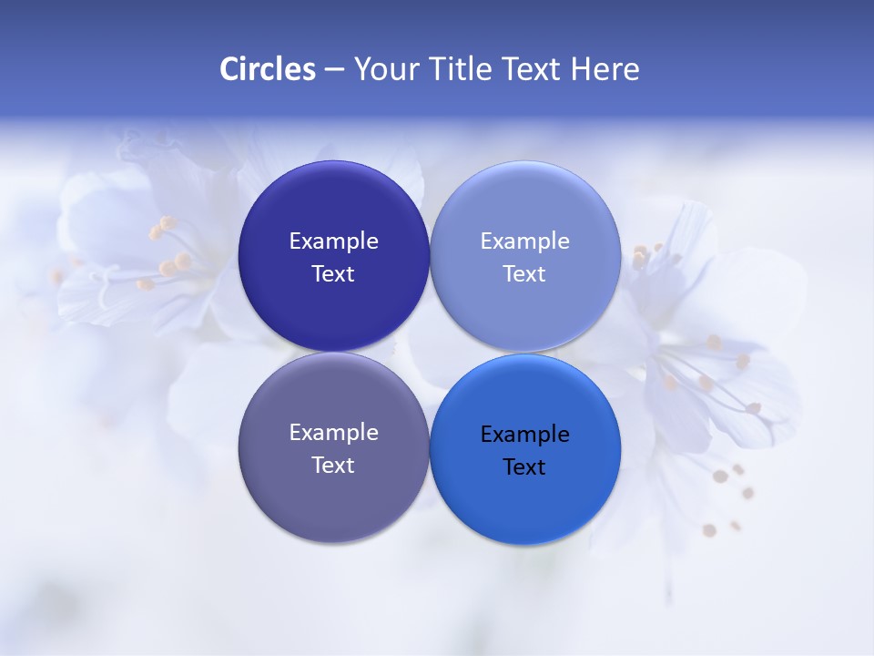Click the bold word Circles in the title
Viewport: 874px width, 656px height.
click(x=268, y=69)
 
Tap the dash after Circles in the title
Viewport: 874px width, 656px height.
click(x=334, y=69)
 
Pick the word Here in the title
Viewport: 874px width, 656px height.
click(x=605, y=69)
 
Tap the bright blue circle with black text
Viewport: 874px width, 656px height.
click(x=525, y=506)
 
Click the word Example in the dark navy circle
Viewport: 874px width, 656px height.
click(x=333, y=241)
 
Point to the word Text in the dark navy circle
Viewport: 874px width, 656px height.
click(x=333, y=274)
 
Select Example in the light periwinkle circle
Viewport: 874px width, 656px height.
click(x=525, y=241)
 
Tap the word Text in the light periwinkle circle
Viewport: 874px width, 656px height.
click(x=525, y=274)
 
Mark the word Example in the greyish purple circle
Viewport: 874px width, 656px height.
click(x=333, y=433)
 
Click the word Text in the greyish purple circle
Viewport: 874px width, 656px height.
click(x=333, y=466)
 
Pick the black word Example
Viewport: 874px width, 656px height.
click(x=525, y=435)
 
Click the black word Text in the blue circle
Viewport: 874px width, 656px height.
click(x=525, y=467)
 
